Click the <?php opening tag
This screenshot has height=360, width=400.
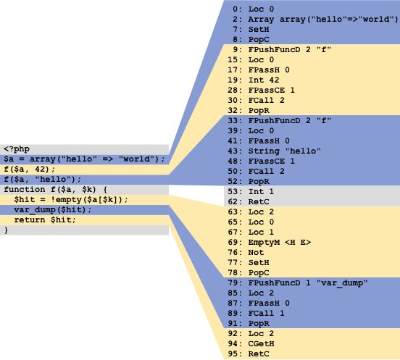click(17, 149)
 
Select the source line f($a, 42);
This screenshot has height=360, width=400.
click(29, 169)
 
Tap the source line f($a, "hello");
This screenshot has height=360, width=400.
click(42, 180)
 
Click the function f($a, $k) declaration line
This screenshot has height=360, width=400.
click(55, 190)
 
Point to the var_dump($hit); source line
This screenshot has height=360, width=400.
click(53, 210)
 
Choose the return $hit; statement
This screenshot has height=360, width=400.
click(45, 220)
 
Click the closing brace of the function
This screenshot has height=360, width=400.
click(6, 230)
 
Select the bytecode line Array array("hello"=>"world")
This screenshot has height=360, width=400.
click(323, 20)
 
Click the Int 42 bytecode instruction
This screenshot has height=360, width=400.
click(264, 80)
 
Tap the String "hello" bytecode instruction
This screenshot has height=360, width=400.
click(285, 151)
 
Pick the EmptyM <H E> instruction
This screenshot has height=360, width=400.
click(279, 243)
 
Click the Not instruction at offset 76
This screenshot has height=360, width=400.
click(256, 253)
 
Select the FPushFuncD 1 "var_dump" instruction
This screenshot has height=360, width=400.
click(308, 283)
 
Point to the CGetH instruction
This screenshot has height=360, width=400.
click(261, 344)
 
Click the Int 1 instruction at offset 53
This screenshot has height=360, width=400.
click(261, 192)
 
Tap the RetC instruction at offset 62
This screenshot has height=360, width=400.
click(259, 202)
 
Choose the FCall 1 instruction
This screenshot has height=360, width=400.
click(267, 314)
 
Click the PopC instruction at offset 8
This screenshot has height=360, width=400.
click(259, 40)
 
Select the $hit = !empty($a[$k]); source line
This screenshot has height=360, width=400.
click(71, 200)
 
